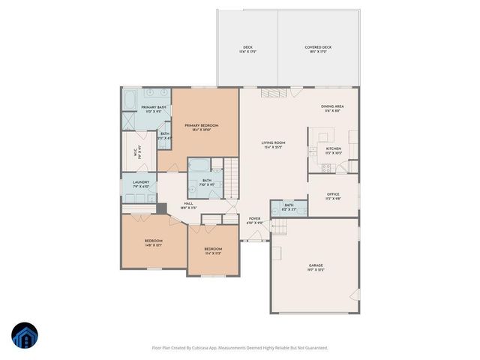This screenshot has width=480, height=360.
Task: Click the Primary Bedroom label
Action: click(x=202, y=124)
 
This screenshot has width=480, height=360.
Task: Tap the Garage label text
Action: click(x=316, y=265)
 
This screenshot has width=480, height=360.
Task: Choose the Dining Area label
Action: click(x=331, y=106)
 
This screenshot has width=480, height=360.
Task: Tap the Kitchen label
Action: click(x=333, y=148)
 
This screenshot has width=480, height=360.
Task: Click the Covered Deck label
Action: click(x=318, y=47)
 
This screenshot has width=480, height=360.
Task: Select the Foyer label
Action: click(x=255, y=218)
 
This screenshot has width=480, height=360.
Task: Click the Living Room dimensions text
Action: click(x=272, y=147)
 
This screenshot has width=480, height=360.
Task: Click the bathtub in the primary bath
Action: click(x=131, y=98)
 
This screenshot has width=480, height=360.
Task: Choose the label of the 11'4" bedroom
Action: click(x=213, y=249)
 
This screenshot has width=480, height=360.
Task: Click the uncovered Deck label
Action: click(x=247, y=47)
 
